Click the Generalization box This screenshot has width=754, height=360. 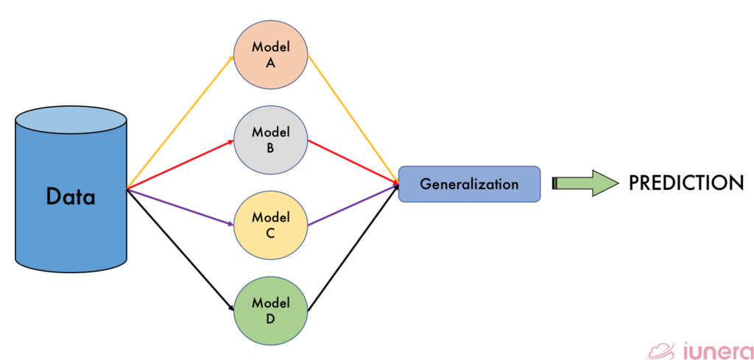469,184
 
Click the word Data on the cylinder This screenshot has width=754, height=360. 71,196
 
